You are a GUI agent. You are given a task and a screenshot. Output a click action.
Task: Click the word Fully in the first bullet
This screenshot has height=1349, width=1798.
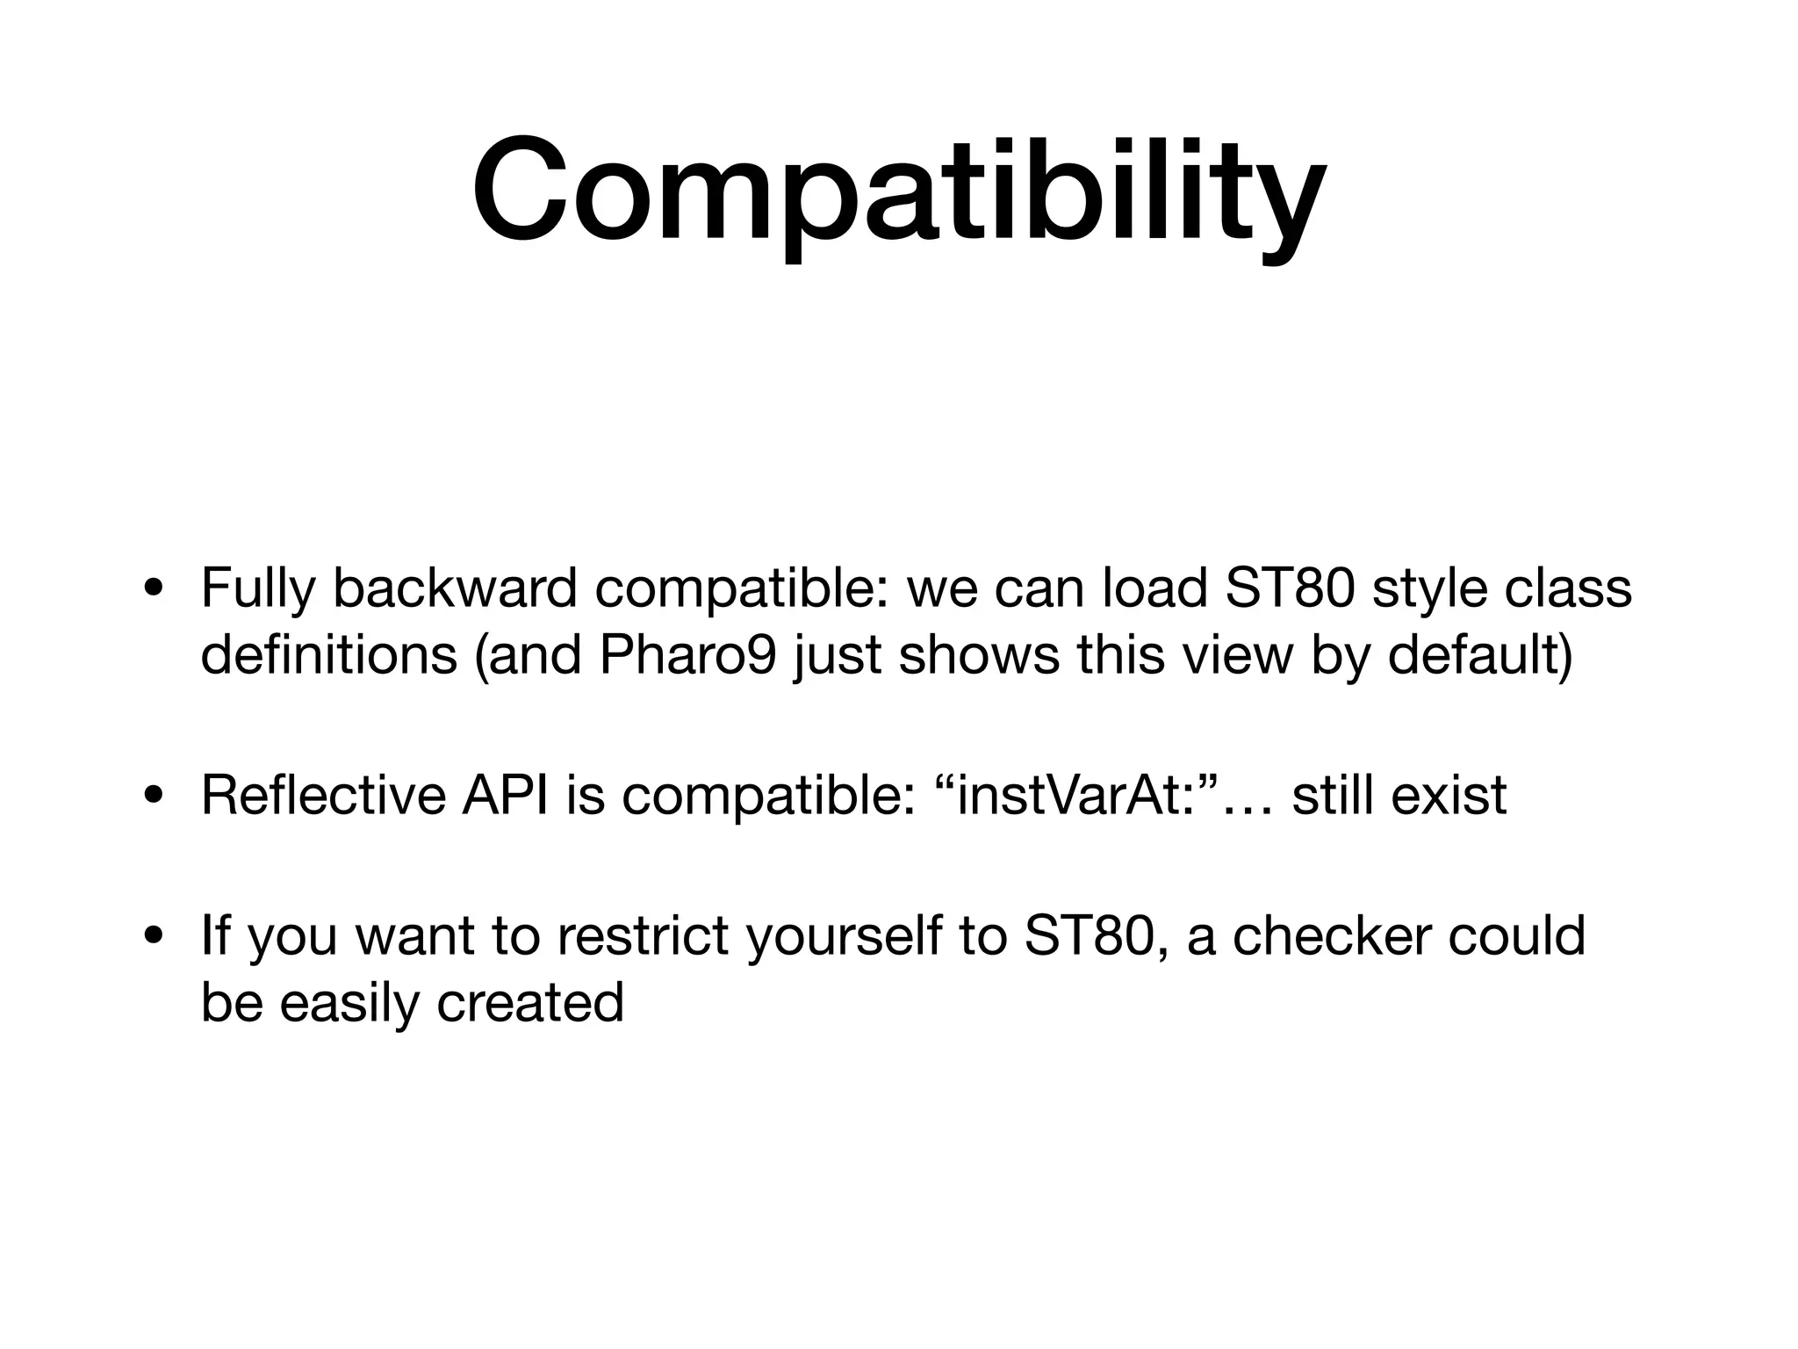coord(256,589)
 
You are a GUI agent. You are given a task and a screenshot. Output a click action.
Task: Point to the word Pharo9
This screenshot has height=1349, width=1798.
coord(687,655)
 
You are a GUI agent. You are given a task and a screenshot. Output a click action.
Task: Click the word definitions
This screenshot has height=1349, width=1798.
coord(328,655)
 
